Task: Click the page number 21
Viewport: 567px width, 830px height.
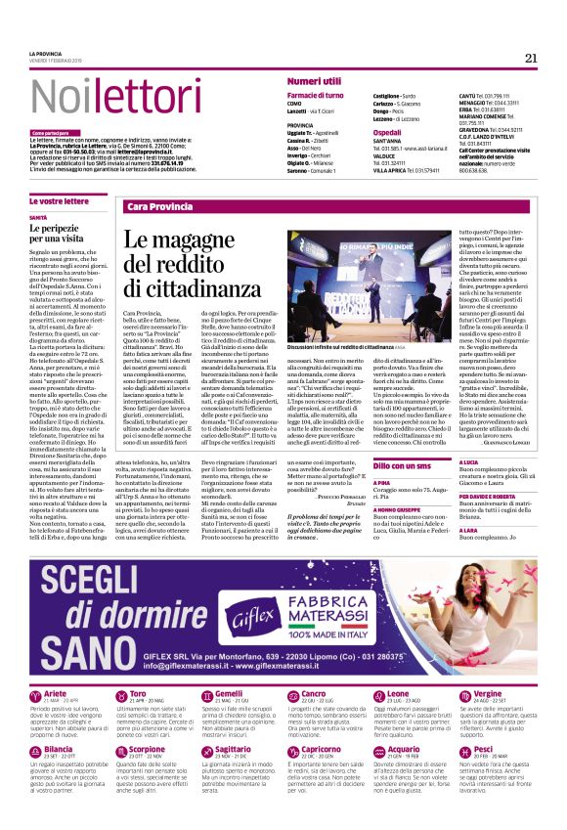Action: pos(531,58)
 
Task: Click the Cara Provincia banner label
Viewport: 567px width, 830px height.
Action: pos(160,207)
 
